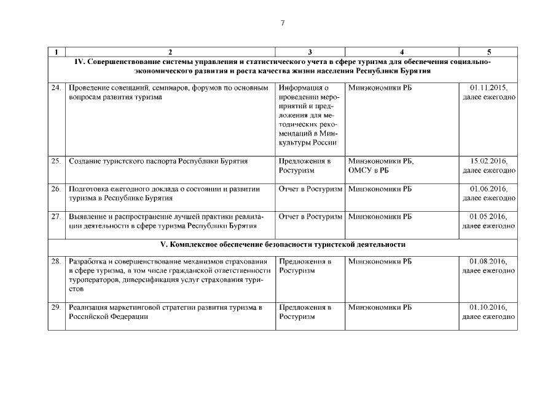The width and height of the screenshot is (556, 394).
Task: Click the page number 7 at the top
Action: coord(282,23)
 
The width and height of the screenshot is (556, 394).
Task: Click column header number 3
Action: coord(310,52)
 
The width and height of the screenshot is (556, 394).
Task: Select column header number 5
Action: coord(488,52)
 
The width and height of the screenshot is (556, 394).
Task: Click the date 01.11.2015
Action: coord(489,88)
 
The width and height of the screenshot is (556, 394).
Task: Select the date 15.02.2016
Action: coord(489,161)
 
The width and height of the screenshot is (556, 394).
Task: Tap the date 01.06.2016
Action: coord(489,189)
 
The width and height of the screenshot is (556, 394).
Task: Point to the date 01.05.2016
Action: coord(489,217)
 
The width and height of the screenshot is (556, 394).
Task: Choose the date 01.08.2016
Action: coord(489,262)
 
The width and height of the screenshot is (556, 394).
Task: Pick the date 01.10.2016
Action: coord(489,307)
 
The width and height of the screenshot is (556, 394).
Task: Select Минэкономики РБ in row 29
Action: coord(380,307)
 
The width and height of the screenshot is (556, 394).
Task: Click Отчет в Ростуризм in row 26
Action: coord(310,189)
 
